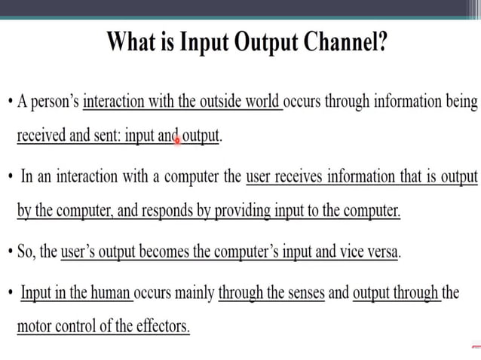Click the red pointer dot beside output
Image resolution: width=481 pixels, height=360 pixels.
coord(178,139)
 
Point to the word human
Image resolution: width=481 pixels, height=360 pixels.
coord(111,292)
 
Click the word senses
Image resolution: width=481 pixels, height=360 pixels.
coord(302,292)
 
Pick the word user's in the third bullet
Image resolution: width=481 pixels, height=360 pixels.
coord(81,252)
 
